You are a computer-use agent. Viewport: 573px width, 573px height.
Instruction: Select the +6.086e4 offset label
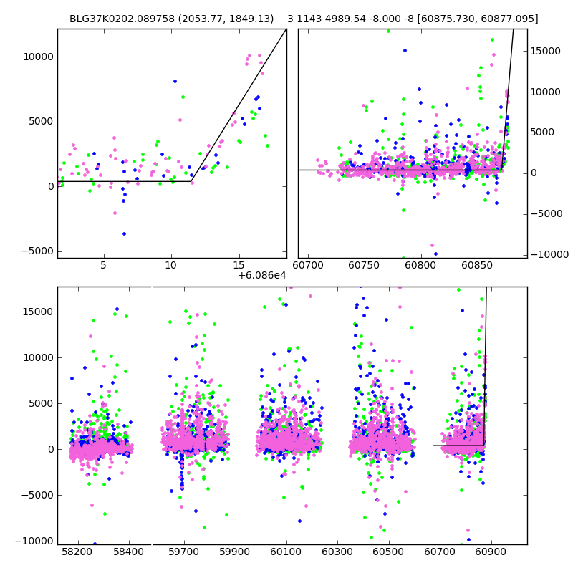pyautogui.click(x=262, y=275)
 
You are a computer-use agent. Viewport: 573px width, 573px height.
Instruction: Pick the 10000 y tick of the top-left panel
pyautogui.click(x=37, y=57)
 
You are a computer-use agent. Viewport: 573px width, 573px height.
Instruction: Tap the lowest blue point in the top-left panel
pyautogui.click(x=124, y=233)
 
